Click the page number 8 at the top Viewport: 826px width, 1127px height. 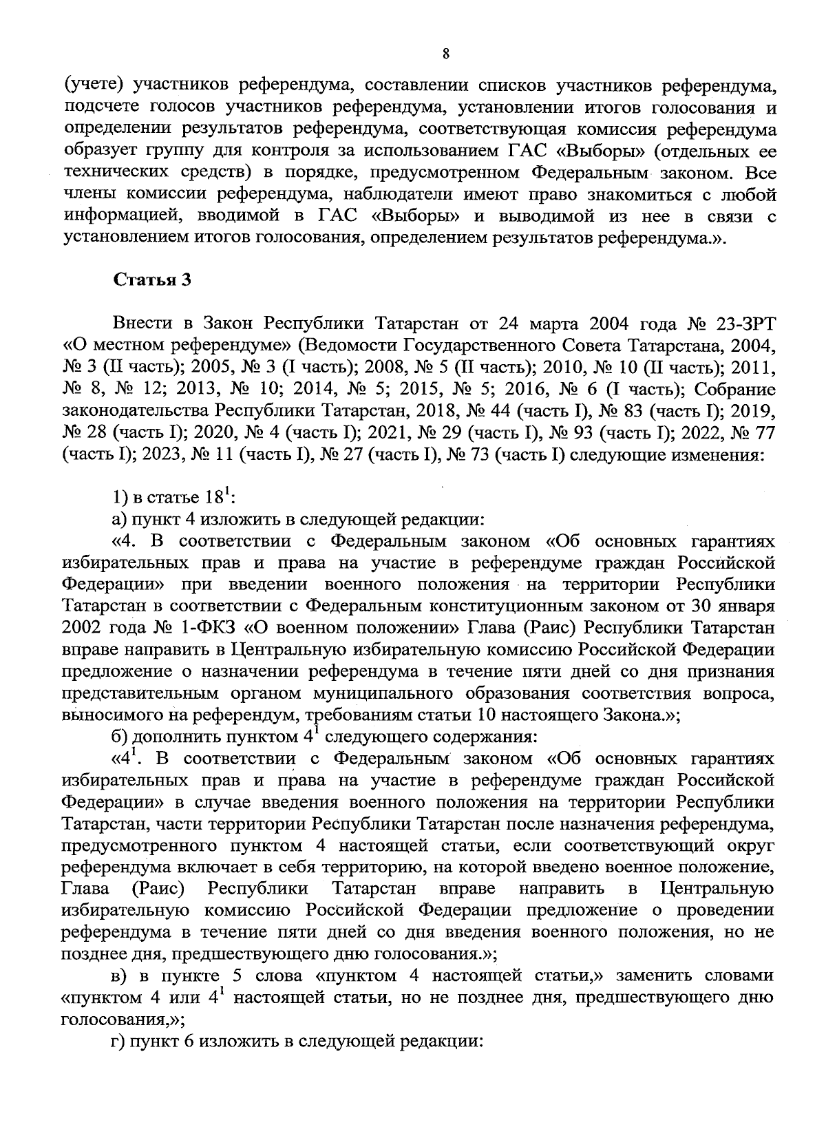[445, 54]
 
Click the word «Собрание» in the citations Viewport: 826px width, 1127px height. [735, 389]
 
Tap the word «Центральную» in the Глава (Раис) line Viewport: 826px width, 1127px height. [717, 888]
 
